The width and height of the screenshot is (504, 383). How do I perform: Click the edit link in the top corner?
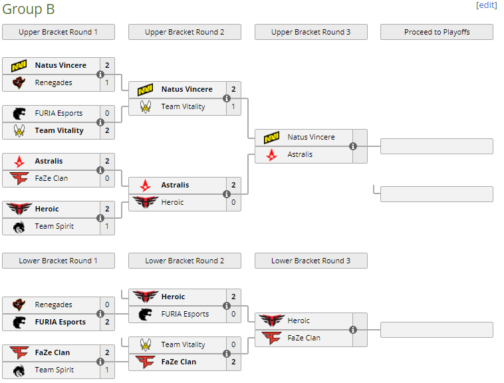click(x=486, y=5)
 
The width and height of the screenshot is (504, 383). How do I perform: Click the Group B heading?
click(x=29, y=9)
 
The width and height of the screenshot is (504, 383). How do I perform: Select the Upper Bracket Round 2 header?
click(x=184, y=32)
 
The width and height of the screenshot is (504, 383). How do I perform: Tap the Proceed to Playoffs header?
click(x=436, y=32)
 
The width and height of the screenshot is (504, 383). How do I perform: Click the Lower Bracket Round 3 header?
click(x=311, y=261)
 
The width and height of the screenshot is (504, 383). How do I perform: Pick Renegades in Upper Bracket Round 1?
click(x=53, y=82)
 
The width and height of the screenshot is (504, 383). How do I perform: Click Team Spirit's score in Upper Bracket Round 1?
click(x=107, y=226)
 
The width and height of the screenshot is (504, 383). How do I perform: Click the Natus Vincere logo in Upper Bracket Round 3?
click(x=271, y=137)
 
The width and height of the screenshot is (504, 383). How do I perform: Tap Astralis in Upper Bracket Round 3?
click(x=300, y=154)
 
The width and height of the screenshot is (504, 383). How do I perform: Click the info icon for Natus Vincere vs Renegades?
click(x=100, y=74)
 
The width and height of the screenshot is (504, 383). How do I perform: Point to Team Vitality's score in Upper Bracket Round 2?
click(x=233, y=106)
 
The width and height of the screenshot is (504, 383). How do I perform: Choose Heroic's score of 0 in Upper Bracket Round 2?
click(x=233, y=202)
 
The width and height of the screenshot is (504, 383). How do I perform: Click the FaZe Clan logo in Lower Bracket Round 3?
click(x=271, y=338)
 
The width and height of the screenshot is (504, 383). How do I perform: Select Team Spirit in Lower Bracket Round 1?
click(x=54, y=370)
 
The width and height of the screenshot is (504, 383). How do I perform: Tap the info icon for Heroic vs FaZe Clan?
click(x=353, y=330)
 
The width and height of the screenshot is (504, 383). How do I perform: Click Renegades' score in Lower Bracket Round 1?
click(x=107, y=305)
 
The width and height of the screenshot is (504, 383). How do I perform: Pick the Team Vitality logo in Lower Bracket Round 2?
click(x=146, y=344)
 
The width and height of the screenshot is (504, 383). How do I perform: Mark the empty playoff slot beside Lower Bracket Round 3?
click(x=436, y=330)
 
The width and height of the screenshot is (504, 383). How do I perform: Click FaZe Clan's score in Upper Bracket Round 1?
click(x=107, y=178)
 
